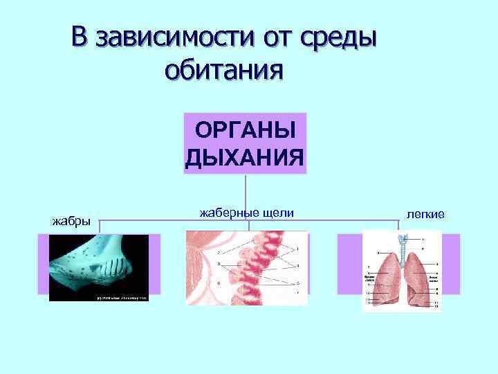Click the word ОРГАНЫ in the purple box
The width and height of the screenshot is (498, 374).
(245, 130)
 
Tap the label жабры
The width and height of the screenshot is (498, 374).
(71, 222)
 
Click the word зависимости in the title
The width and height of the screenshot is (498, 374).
(176, 37)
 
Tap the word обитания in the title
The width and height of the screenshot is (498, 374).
(225, 69)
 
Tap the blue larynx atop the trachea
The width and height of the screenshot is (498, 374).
(402, 238)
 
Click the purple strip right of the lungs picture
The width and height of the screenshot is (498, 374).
(451, 263)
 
